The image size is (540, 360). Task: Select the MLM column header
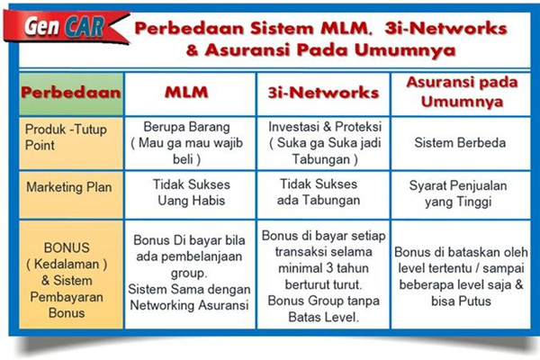[x=191, y=92]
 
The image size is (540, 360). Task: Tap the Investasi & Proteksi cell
[x=322, y=142]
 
